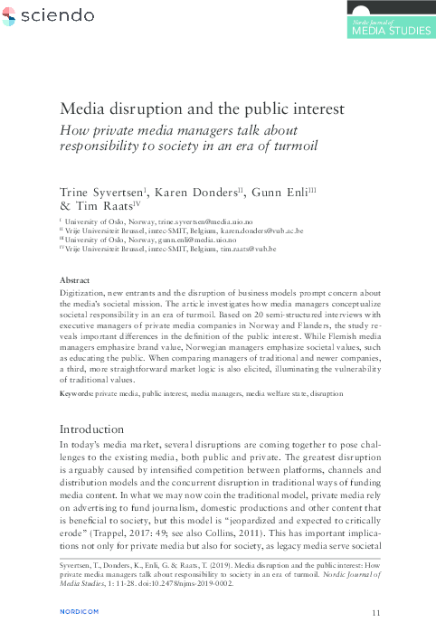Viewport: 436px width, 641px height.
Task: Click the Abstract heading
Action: tap(75, 281)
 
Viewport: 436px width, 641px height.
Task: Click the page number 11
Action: tap(377, 613)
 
